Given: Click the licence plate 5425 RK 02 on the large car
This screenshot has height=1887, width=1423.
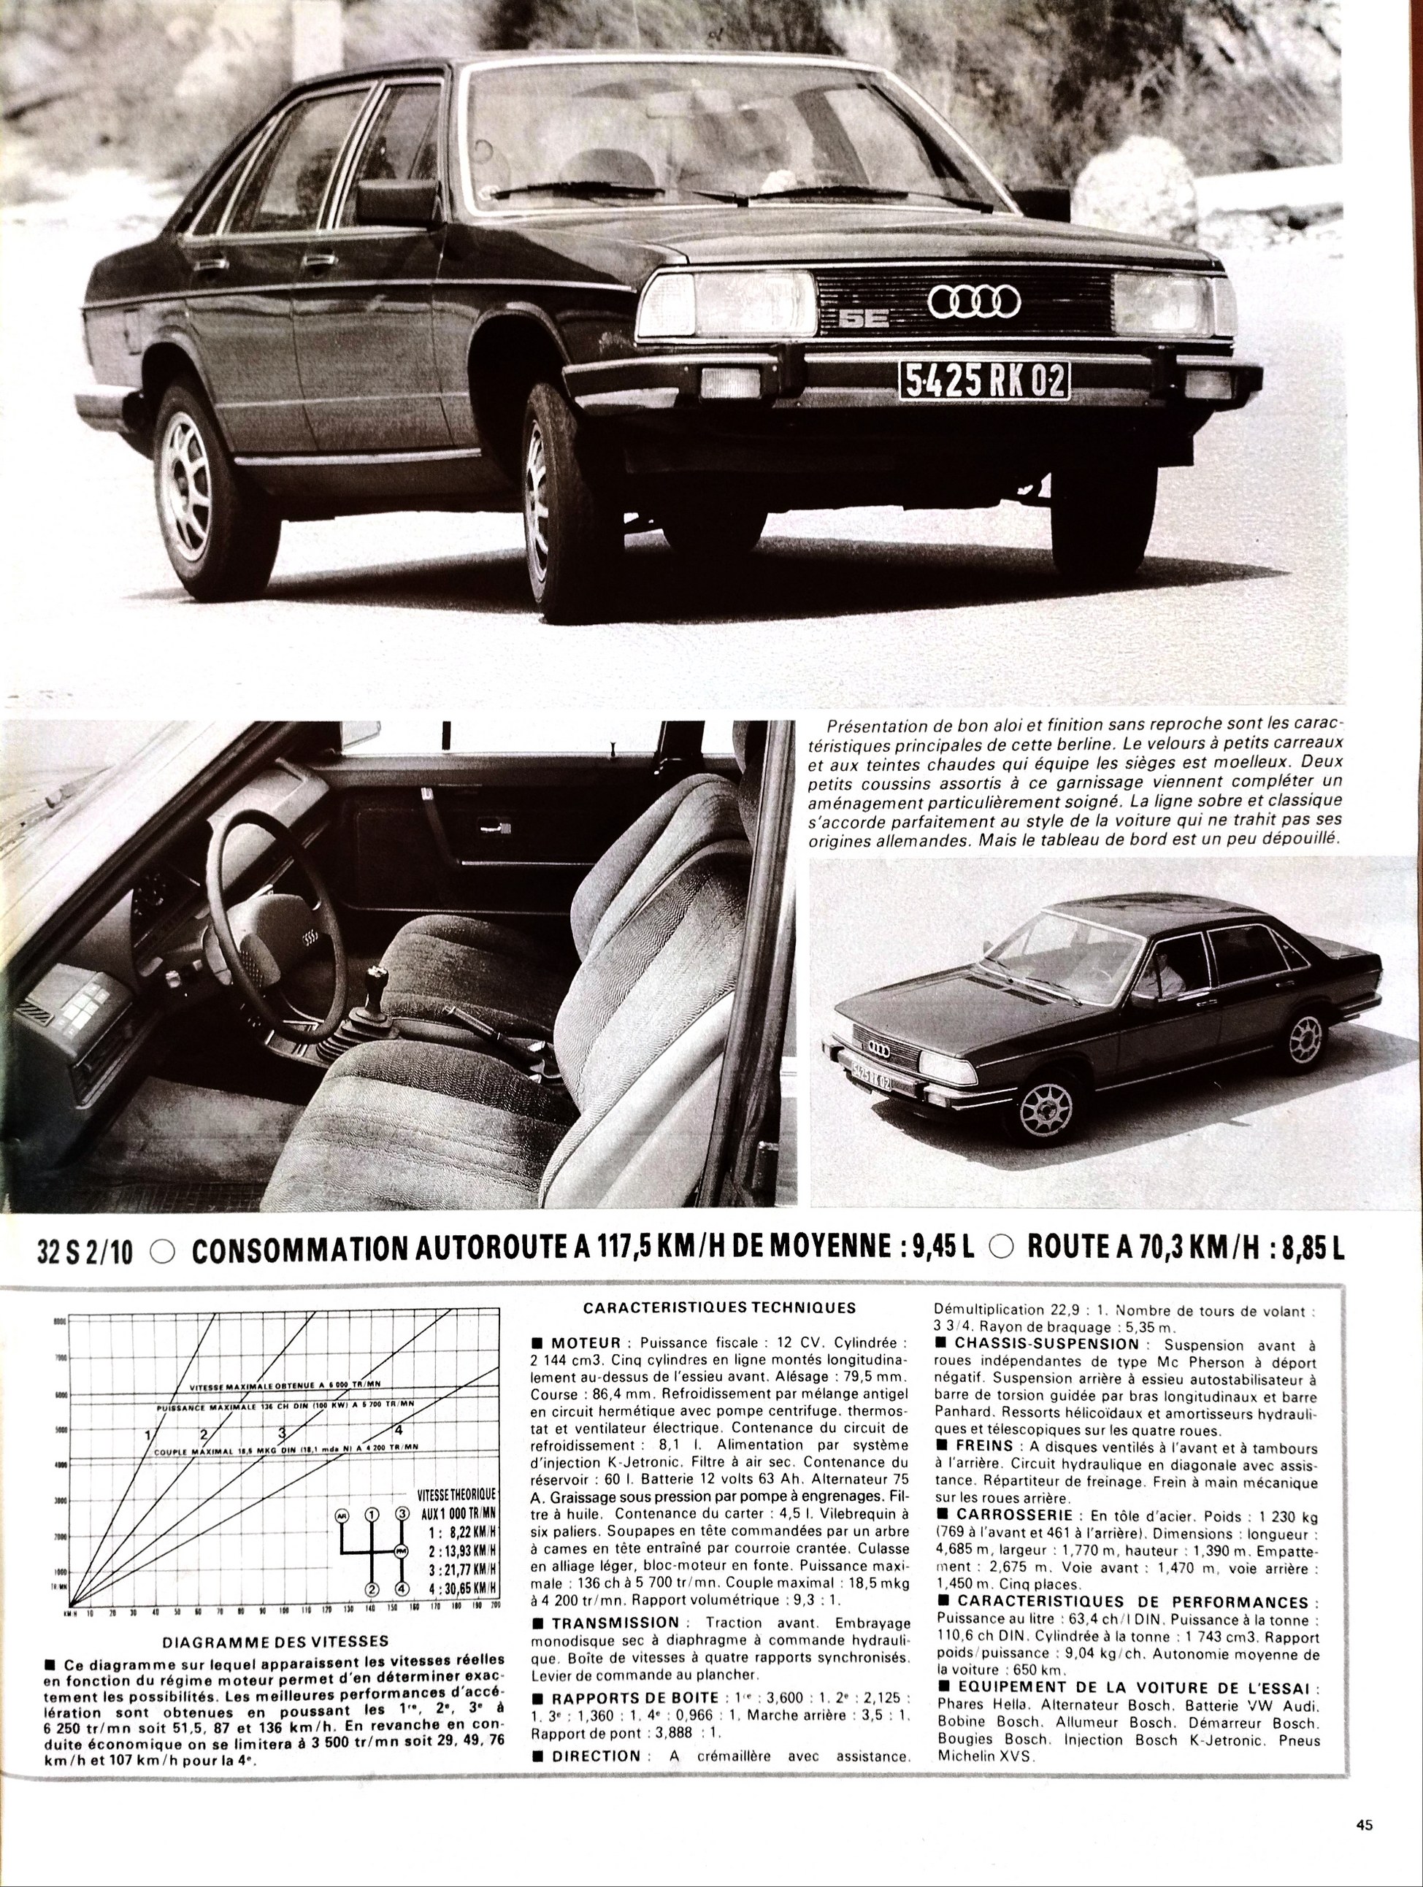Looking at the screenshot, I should pyautogui.click(x=983, y=380).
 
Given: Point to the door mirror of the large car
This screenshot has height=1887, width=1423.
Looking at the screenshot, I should pyautogui.click(x=399, y=202).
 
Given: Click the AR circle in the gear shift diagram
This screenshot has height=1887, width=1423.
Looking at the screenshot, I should pyautogui.click(x=343, y=1514).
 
